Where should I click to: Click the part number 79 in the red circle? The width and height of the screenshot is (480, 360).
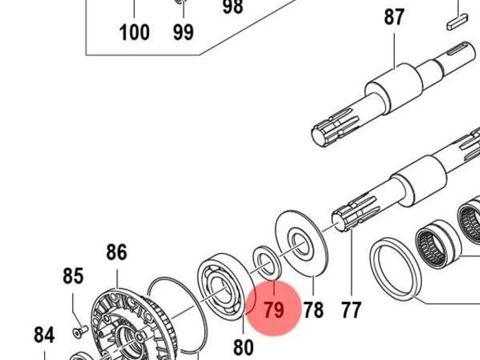click(x=274, y=310)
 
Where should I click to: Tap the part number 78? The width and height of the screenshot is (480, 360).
click(x=313, y=310)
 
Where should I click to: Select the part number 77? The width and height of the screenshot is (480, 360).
click(x=351, y=310)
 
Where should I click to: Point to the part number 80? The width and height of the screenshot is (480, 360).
click(x=243, y=347)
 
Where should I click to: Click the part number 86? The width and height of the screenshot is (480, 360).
click(x=117, y=252)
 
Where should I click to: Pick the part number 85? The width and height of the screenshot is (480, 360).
click(x=73, y=276)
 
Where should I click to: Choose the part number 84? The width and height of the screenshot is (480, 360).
click(x=44, y=335)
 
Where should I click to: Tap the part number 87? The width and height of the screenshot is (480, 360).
click(x=394, y=17)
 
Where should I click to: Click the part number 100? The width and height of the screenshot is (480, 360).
click(x=134, y=32)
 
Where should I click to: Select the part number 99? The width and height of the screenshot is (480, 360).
click(x=183, y=32)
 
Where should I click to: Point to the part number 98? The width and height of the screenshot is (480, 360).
click(x=233, y=7)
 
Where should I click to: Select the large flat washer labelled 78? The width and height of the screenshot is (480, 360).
click(x=302, y=243)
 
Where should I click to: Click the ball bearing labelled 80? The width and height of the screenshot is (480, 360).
click(x=223, y=287)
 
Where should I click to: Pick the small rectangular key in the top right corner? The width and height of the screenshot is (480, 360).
click(x=457, y=21)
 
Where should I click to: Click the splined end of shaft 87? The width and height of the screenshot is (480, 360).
click(x=335, y=127)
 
